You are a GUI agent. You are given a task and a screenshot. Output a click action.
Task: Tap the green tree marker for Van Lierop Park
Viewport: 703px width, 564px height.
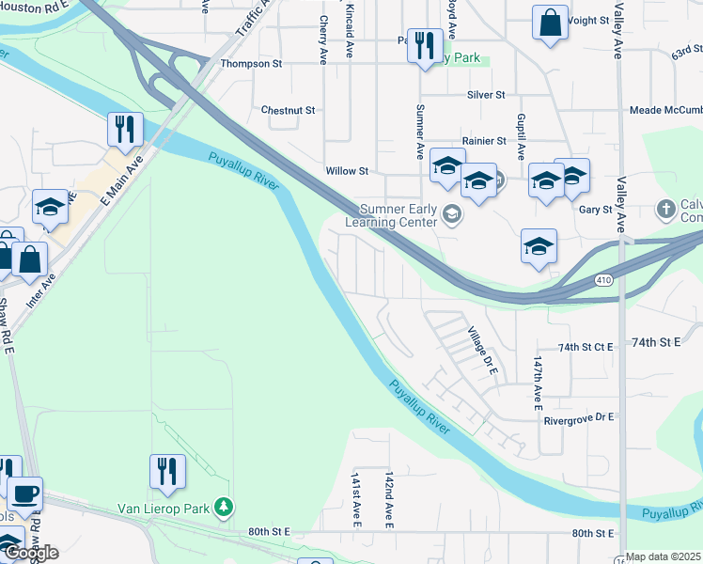pos(224,509)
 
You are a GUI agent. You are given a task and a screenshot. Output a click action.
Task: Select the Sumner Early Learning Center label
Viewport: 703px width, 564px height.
pos(392,215)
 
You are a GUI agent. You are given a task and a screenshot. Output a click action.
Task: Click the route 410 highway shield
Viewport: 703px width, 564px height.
pos(604,280)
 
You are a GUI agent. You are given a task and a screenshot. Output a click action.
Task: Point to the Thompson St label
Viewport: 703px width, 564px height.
pos(251,64)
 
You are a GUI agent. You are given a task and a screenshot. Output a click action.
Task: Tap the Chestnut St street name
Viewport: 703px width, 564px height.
pos(288,110)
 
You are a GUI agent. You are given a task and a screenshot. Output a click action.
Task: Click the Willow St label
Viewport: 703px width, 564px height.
pos(346,172)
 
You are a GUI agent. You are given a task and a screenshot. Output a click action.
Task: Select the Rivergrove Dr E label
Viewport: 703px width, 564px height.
pos(578,416)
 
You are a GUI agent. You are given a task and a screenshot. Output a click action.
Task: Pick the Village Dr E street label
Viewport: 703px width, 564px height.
pos(482,351)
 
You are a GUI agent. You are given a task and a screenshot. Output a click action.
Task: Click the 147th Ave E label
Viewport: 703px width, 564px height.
pos(539,384)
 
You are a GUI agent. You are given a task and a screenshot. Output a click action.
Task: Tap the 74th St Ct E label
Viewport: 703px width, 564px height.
pos(585,347)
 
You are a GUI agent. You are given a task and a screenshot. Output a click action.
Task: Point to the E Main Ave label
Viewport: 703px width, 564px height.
pos(122,180)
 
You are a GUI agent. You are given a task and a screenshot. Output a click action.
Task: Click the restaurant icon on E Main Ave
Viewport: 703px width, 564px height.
pos(125,130)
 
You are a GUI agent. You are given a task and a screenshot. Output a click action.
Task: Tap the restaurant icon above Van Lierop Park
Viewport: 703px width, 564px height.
pos(168,472)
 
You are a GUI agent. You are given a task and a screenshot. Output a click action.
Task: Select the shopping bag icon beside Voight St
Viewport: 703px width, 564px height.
pos(549,23)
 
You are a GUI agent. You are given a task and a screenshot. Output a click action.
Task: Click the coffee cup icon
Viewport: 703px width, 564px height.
pos(24,493)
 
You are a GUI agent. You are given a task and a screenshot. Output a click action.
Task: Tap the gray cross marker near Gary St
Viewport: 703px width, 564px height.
pos(666,208)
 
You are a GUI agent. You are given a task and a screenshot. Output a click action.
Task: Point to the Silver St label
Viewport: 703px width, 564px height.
pos(486,96)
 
